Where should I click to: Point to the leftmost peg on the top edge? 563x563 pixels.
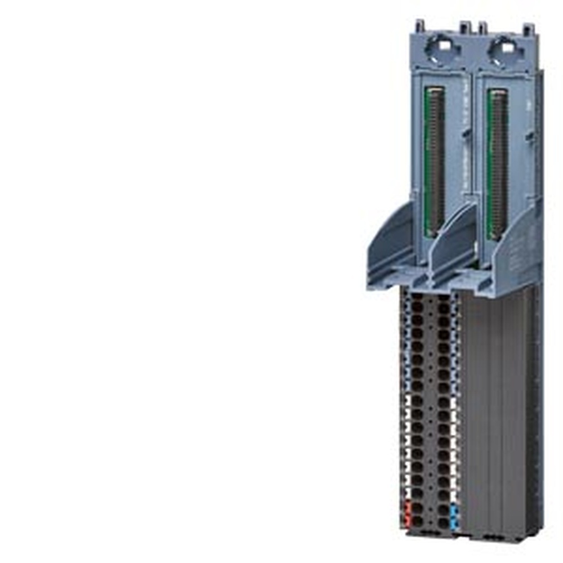[419, 26]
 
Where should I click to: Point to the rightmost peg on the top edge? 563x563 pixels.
[528, 29]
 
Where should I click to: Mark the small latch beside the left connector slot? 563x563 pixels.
[467, 135]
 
